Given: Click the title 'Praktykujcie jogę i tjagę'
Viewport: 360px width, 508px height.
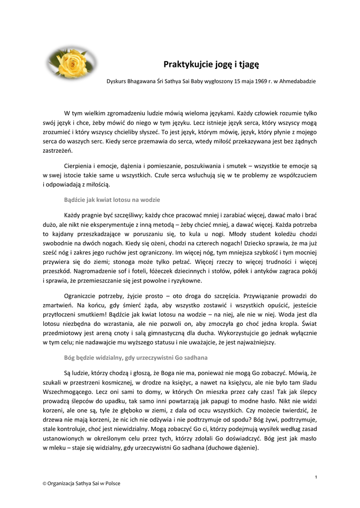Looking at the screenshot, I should point(212,64).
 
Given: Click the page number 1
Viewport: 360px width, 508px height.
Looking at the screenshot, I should point(316,477).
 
